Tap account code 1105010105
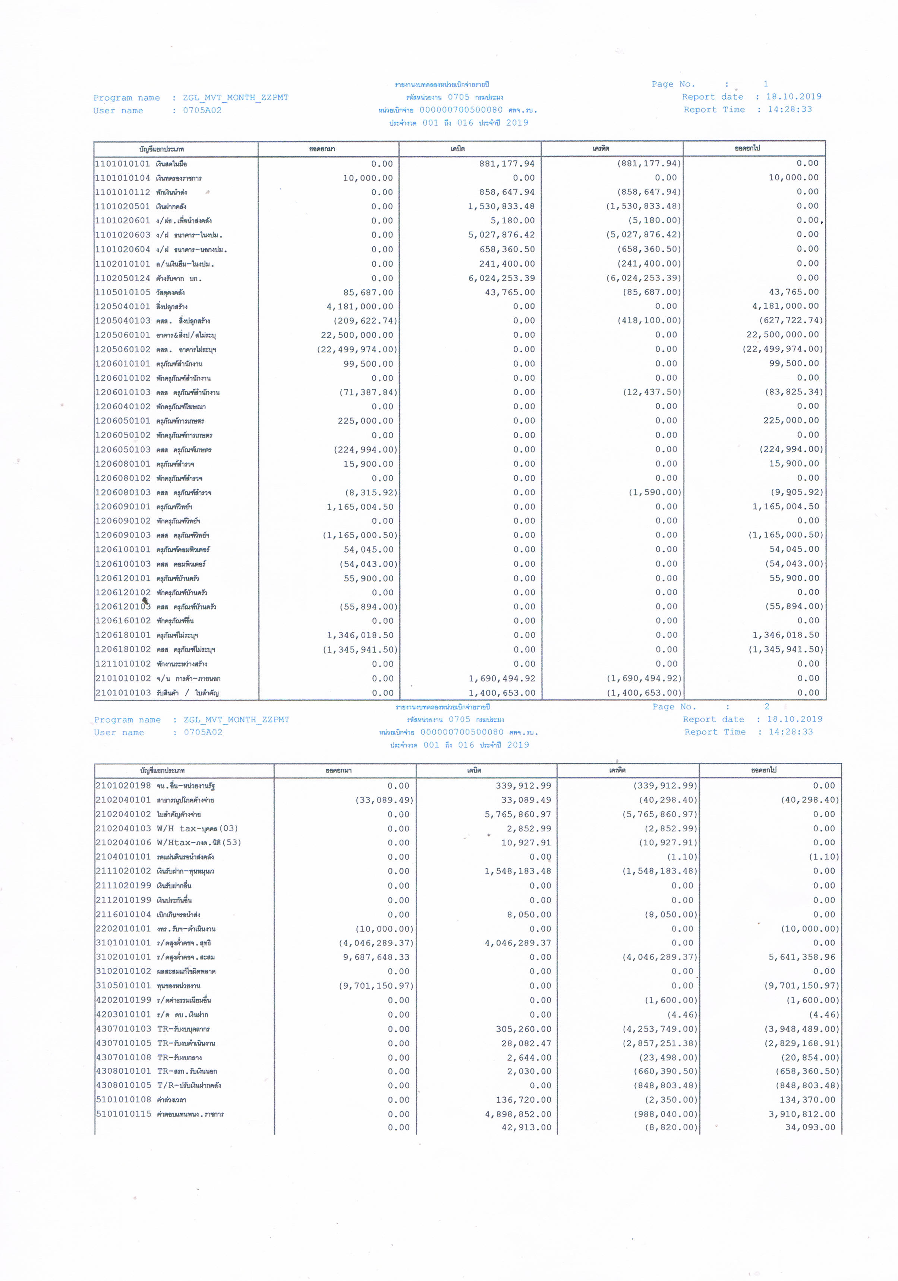tap(122, 292)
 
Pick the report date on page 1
tap(793, 97)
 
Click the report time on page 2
tap(790, 732)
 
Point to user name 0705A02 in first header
tap(202, 110)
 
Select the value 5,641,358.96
tap(801, 957)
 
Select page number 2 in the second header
tap(767, 706)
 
